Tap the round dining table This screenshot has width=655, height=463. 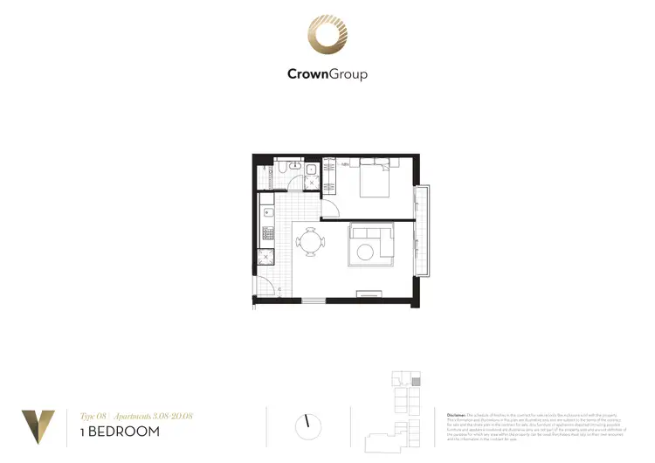pos(311,244)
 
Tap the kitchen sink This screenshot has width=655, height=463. pos(268,212)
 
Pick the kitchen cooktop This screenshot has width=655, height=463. pos(267,233)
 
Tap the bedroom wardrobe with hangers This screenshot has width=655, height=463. pos(329,178)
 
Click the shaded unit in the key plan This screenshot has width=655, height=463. pos(416,382)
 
